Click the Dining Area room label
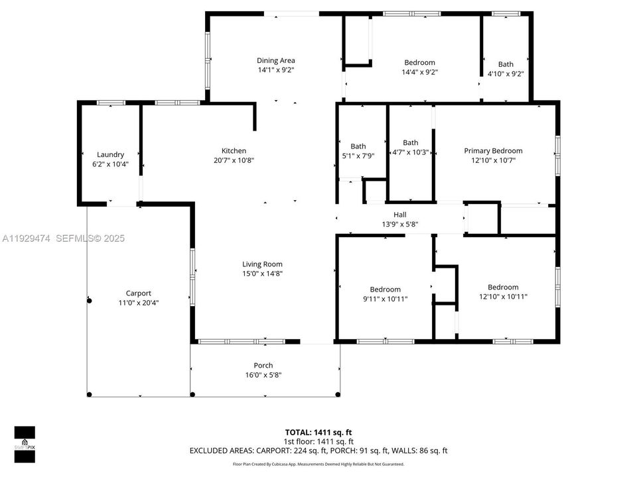pyautogui.click(x=276, y=61)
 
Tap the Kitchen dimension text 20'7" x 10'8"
pyautogui.click(x=234, y=160)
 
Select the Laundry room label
pyautogui.click(x=110, y=155)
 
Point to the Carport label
pyautogui.click(x=139, y=293)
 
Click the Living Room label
pyautogui.click(x=262, y=264)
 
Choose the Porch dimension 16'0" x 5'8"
pyautogui.click(x=263, y=375)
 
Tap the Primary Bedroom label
pyautogui.click(x=492, y=151)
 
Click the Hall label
pyautogui.click(x=399, y=215)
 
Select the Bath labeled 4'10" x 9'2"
pyautogui.click(x=506, y=69)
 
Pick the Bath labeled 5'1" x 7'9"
pyautogui.click(x=358, y=151)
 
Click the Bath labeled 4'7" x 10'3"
pyautogui.click(x=410, y=147)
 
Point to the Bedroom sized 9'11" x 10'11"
pyautogui.click(x=385, y=293)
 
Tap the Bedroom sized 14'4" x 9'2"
pyautogui.click(x=419, y=67)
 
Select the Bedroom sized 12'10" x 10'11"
pyautogui.click(x=503, y=291)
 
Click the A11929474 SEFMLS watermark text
pyautogui.click(x=63, y=238)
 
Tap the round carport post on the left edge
pyautogui.click(x=88, y=301)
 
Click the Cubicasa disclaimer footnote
pyautogui.click(x=318, y=464)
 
